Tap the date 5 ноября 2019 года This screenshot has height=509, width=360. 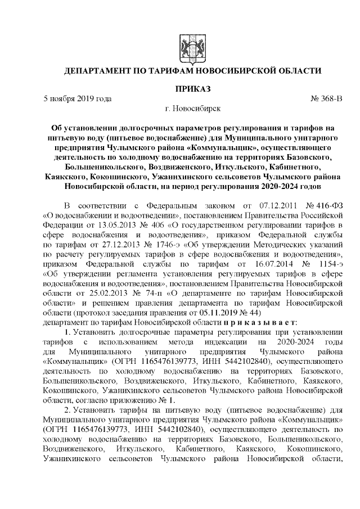[78, 99]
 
